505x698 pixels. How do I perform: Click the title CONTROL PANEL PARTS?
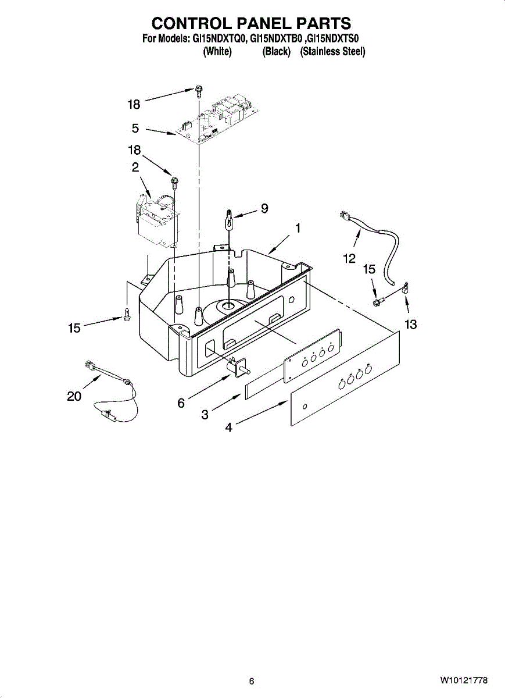[x=251, y=23]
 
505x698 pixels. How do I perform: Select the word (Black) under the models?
[x=276, y=52]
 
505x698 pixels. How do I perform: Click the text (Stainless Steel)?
[x=332, y=52]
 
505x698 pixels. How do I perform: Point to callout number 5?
[x=135, y=129]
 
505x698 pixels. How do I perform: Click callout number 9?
[x=264, y=208]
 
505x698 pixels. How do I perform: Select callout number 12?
[x=349, y=259]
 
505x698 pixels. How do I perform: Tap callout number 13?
[x=410, y=324]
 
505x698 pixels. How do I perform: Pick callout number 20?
[x=74, y=396]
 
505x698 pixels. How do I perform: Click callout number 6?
[x=181, y=403]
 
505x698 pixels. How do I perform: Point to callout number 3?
[x=205, y=415]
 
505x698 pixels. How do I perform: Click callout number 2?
[x=135, y=168]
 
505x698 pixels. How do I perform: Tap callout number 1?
[x=298, y=229]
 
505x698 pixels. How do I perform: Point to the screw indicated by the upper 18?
[x=199, y=90]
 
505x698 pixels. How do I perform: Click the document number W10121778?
[x=464, y=681]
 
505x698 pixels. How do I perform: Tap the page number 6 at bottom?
[x=251, y=681]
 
